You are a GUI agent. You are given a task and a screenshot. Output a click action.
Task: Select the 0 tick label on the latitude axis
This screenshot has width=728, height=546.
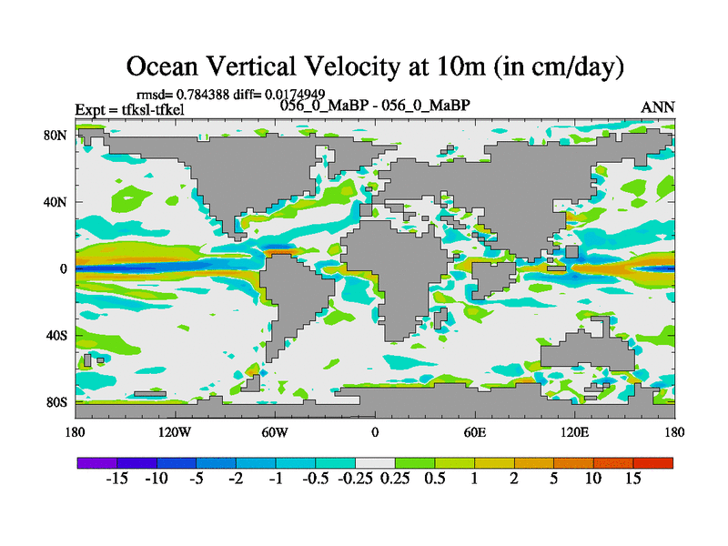64,269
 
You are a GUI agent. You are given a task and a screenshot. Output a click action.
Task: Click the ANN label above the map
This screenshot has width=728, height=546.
658,107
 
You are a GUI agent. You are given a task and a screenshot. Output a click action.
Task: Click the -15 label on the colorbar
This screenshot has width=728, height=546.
116,479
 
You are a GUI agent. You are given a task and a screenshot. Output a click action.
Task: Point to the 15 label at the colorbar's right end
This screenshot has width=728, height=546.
633,479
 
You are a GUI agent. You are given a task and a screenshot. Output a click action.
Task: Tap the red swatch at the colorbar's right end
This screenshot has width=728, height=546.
653,463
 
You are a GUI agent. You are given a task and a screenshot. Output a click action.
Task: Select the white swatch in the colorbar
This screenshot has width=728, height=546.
375,463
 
